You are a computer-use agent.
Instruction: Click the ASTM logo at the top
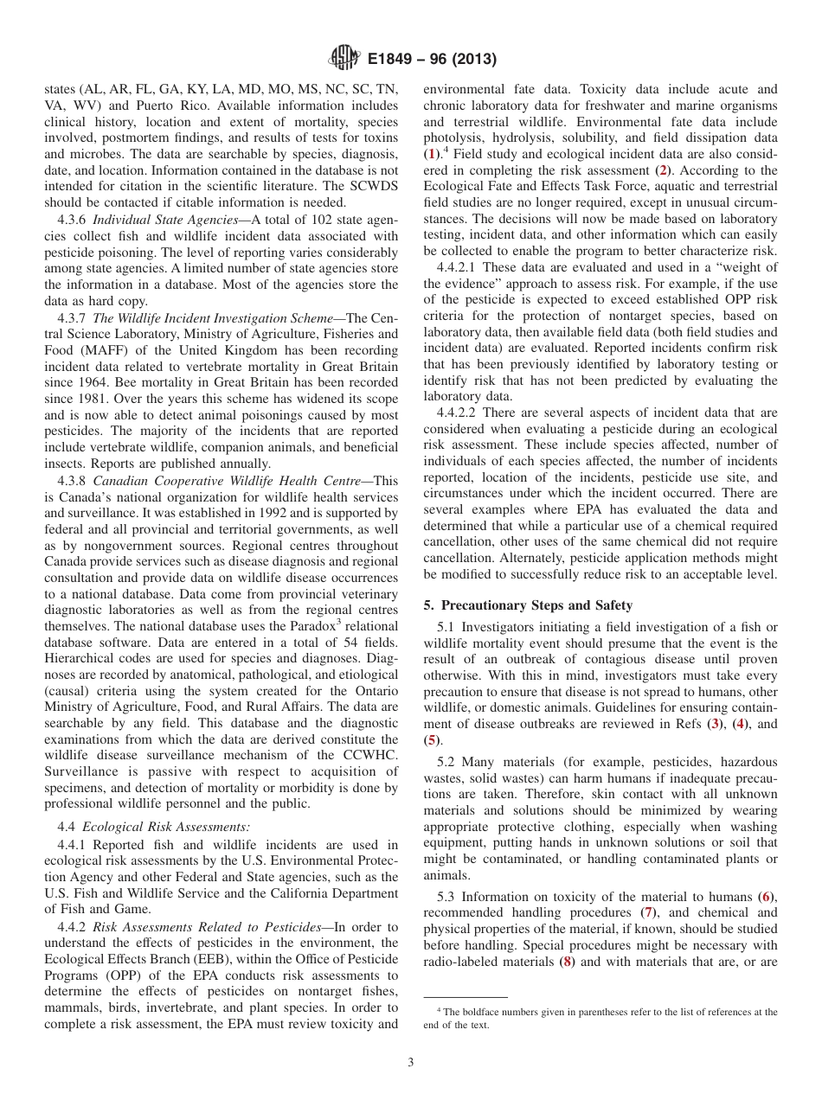pos(344,59)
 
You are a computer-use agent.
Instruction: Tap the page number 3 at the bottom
pos(411,1062)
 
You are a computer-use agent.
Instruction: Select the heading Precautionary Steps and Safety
pos(535,605)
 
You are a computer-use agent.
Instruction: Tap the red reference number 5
pos(430,740)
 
